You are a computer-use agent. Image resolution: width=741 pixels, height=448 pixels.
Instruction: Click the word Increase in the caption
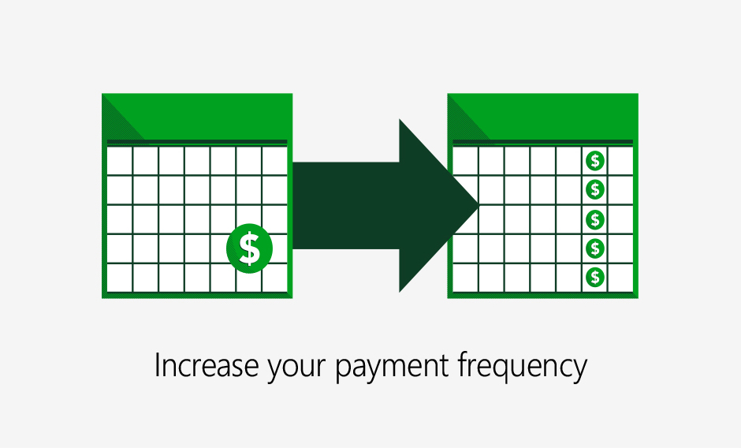pyautogui.click(x=207, y=366)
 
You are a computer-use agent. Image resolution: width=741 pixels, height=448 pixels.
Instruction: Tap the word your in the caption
pyautogui.click(x=296, y=369)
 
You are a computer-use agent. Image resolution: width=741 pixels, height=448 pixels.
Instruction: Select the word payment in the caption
pyautogui.click(x=392, y=368)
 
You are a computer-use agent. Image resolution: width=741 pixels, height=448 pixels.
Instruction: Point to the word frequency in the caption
pyautogui.click(x=522, y=367)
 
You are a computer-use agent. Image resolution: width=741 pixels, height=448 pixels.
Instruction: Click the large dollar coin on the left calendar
pyautogui.click(x=250, y=248)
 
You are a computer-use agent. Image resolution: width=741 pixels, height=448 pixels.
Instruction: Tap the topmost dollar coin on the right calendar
pyautogui.click(x=595, y=161)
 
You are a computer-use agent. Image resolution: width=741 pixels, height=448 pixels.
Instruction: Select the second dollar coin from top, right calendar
pyautogui.click(x=595, y=189)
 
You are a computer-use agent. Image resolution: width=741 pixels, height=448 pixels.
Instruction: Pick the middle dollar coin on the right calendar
pyautogui.click(x=595, y=219)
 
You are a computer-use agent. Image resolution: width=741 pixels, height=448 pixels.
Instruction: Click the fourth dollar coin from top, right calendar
pyautogui.click(x=595, y=248)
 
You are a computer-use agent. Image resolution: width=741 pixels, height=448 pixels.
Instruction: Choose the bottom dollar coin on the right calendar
pyautogui.click(x=595, y=277)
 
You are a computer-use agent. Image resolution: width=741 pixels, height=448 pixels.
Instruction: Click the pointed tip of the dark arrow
pyautogui.click(x=479, y=205)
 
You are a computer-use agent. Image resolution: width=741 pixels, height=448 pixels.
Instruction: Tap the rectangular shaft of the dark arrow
pyautogui.click(x=346, y=205)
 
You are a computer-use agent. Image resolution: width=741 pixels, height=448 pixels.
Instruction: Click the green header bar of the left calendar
pyautogui.click(x=197, y=117)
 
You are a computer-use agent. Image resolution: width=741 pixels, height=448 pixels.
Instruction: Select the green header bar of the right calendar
pyautogui.click(x=543, y=117)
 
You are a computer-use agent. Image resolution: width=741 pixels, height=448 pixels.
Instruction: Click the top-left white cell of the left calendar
pyautogui.click(x=120, y=161)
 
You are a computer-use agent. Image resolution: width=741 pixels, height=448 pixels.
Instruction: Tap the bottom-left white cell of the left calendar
pyautogui.click(x=120, y=278)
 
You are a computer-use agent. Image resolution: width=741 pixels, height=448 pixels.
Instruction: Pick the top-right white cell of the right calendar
pyautogui.click(x=620, y=161)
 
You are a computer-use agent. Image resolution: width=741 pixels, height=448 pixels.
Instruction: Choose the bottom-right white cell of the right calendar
pyautogui.click(x=620, y=278)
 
